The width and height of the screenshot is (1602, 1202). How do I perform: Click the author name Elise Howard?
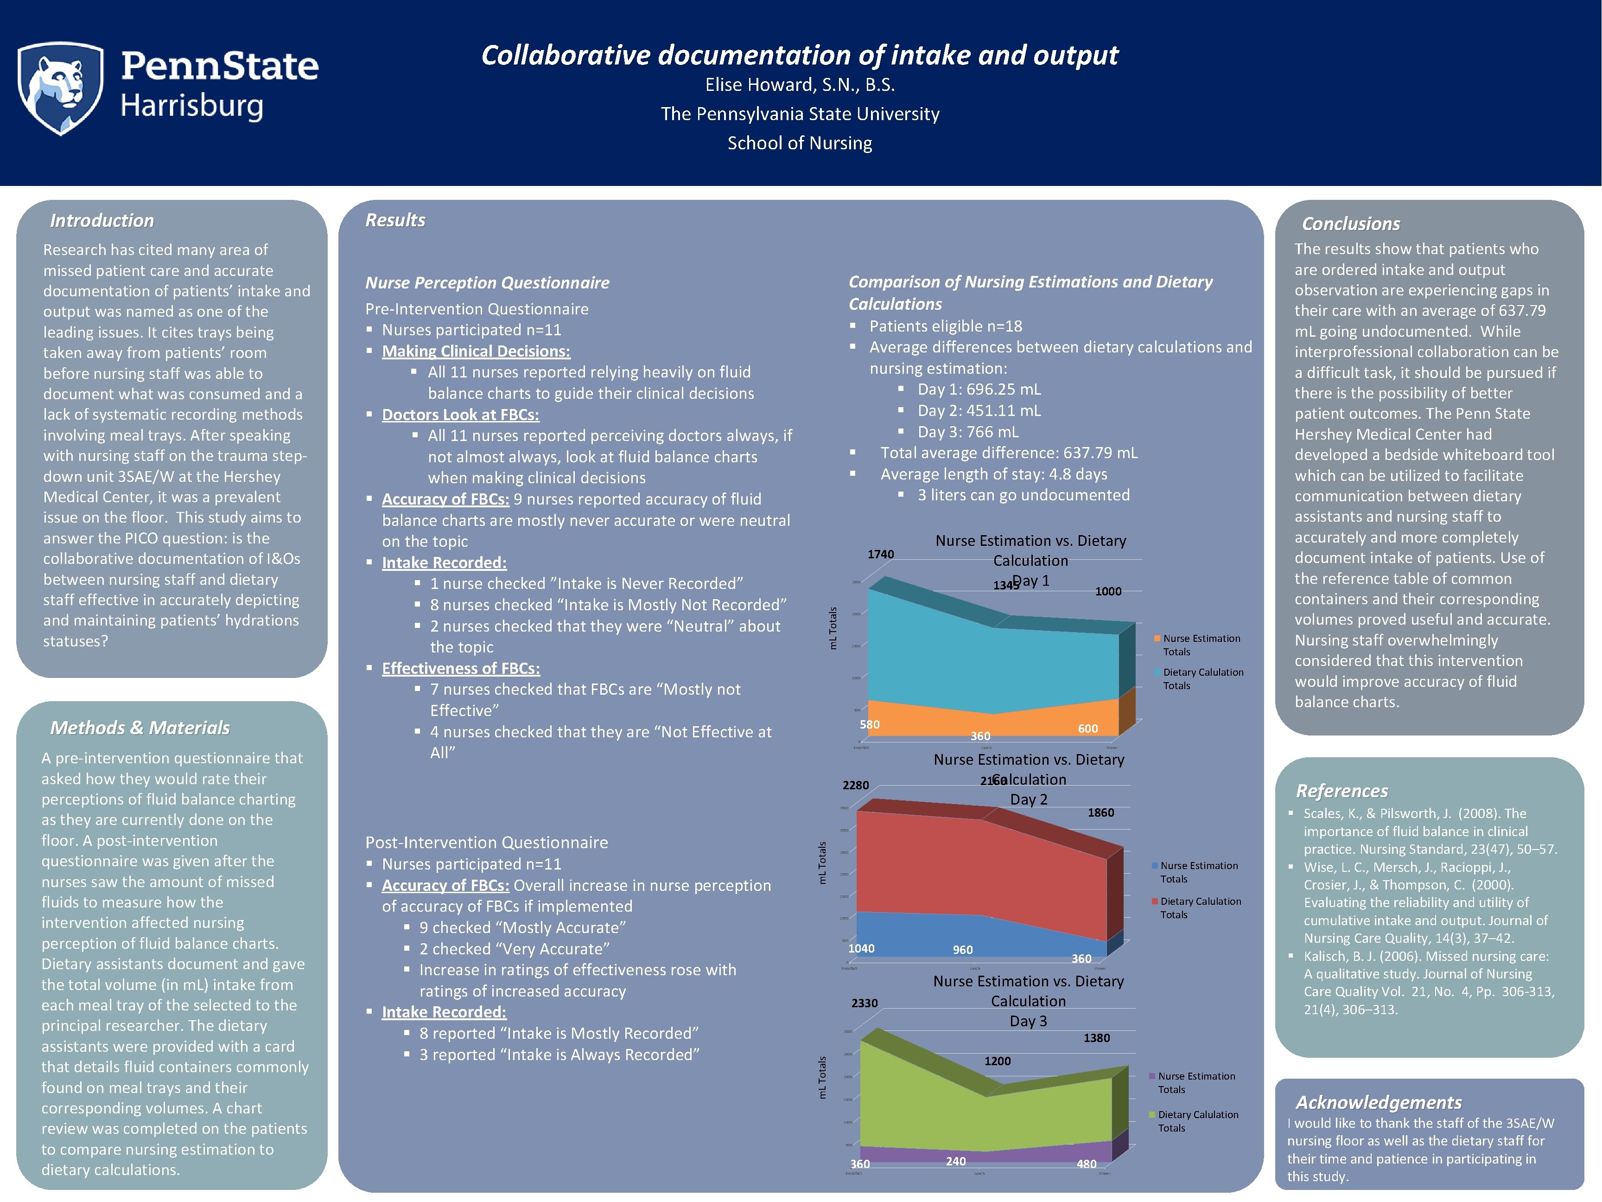pos(800,85)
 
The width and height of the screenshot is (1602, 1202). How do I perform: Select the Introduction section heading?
pos(102,220)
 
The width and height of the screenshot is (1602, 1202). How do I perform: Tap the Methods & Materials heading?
pos(140,728)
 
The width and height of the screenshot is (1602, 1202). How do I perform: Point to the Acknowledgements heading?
pos(1378,1102)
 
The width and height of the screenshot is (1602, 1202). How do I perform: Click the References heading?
pos(1341,791)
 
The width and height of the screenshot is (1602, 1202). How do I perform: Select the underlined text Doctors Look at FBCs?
pos(461,415)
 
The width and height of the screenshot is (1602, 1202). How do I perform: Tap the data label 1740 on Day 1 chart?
pos(881,554)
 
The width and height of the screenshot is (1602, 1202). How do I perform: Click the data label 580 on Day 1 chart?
pos(869,724)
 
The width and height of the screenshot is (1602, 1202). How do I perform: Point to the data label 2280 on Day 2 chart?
pos(855,786)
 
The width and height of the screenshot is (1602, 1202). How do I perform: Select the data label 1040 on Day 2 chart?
pos(861,948)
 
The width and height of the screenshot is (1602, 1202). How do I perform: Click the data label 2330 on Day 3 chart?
pos(864,1004)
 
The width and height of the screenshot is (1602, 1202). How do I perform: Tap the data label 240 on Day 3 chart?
pos(955,1162)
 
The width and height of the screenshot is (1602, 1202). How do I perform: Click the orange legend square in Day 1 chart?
pos(1157,638)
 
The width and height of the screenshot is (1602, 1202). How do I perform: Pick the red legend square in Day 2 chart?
pos(1154,901)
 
